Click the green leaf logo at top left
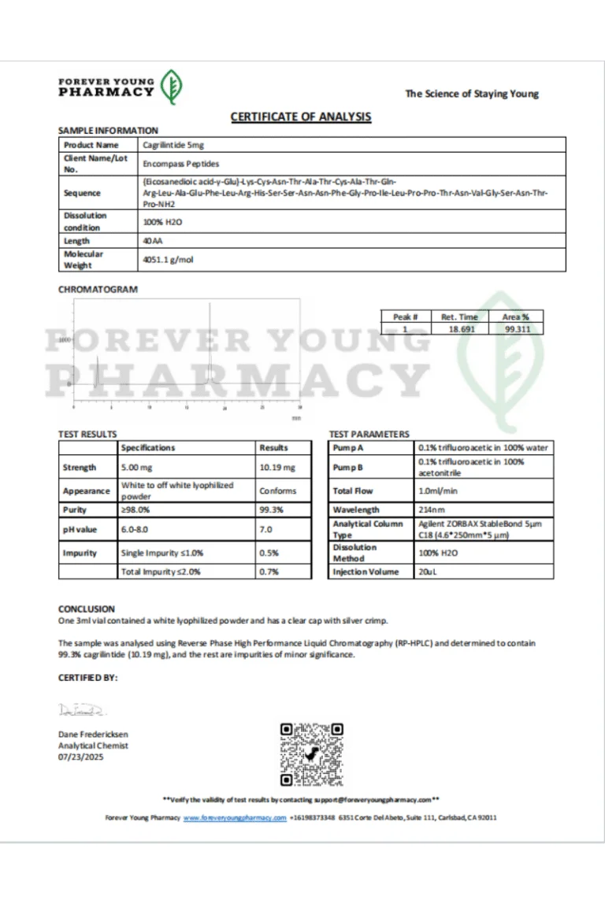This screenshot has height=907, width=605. (x=171, y=87)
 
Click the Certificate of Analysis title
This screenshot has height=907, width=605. (x=300, y=117)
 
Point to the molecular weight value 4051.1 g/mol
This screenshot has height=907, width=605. (x=168, y=259)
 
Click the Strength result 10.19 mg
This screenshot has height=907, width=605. (x=277, y=468)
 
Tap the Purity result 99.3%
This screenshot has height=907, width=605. (x=269, y=510)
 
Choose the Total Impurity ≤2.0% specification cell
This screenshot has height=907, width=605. (x=161, y=572)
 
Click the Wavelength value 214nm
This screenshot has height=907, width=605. (x=432, y=510)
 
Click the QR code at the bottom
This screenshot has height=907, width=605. (x=312, y=754)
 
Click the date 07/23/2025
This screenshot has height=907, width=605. (x=81, y=757)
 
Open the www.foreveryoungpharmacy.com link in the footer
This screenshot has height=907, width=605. (x=235, y=818)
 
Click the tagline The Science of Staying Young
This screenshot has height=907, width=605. (x=472, y=94)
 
